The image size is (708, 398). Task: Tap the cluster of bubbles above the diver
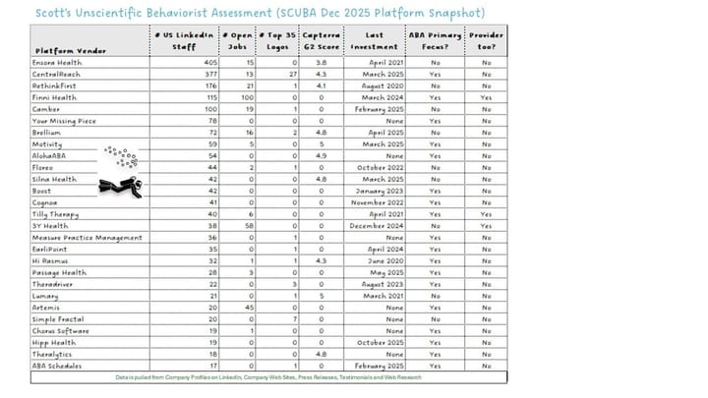[x=121, y=155]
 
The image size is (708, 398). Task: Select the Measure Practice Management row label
[x=88, y=237]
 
